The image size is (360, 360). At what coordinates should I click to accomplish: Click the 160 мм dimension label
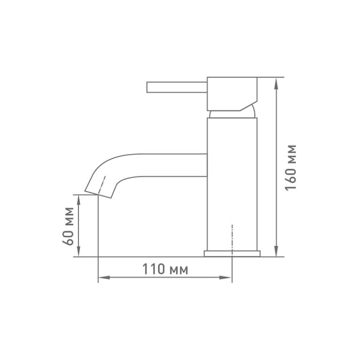[291, 168]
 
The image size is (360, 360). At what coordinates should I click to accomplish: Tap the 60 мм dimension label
[68, 226]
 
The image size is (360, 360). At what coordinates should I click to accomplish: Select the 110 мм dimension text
[165, 269]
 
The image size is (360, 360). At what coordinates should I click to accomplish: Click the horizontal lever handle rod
[177, 87]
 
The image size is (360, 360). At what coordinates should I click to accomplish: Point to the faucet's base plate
[232, 254]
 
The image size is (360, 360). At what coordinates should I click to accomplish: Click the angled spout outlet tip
[98, 194]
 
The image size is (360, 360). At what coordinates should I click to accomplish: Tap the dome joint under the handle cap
[232, 114]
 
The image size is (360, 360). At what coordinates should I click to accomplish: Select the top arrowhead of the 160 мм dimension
[277, 83]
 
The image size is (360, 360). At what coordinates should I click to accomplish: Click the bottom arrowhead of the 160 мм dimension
[277, 251]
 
